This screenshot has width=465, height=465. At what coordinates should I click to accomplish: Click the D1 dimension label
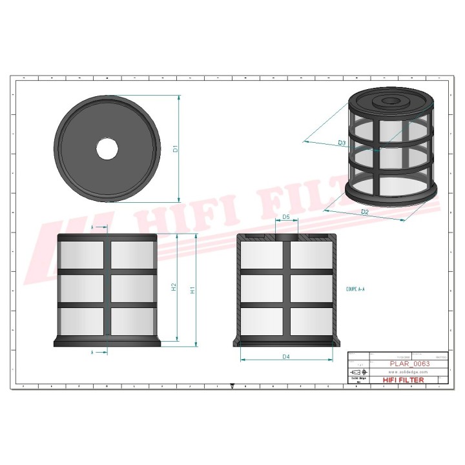pyautogui.click(x=175, y=149)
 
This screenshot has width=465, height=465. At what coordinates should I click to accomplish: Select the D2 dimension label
pyautogui.click(x=365, y=212)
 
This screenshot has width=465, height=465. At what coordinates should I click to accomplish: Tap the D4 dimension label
pyautogui.click(x=286, y=356)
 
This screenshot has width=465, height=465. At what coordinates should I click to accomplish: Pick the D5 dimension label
pyautogui.click(x=286, y=218)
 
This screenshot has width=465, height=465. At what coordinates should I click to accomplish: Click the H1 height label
pyautogui.click(x=192, y=291)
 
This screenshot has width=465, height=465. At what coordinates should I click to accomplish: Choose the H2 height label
pyautogui.click(x=174, y=287)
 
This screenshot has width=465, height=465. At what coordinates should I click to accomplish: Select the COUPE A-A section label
pyautogui.click(x=355, y=291)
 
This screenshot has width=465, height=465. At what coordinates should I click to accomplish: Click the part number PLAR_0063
pyautogui.click(x=410, y=364)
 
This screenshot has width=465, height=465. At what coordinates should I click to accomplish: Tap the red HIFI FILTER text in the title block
pyautogui.click(x=404, y=380)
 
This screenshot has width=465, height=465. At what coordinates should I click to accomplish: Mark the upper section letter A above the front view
pyautogui.click(x=93, y=228)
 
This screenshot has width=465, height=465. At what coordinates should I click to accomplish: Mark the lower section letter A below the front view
pyautogui.click(x=93, y=353)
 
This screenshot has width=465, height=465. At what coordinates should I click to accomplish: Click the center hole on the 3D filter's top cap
pyautogui.click(x=391, y=101)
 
